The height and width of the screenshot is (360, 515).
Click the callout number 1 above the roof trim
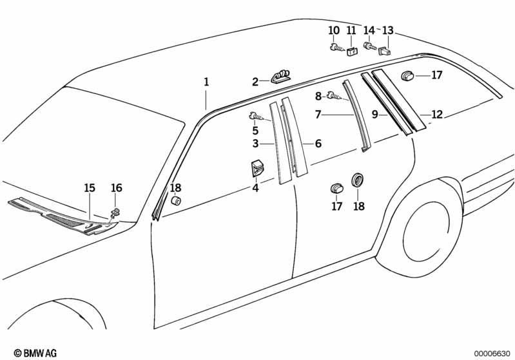(x=206, y=82)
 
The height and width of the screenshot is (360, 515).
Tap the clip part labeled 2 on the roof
(x=281, y=77)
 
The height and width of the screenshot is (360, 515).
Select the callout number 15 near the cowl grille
(x=90, y=188)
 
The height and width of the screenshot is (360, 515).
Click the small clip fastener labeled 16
(x=115, y=213)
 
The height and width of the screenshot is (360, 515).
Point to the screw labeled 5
(x=258, y=116)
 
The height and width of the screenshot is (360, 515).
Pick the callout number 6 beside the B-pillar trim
(x=318, y=144)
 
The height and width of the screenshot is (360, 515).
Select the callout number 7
(x=318, y=115)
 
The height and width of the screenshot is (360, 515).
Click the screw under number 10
(x=337, y=48)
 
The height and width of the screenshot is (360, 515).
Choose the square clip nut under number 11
(x=353, y=52)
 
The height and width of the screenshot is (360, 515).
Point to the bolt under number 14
(x=370, y=45)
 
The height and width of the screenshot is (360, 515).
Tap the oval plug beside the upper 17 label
(x=408, y=76)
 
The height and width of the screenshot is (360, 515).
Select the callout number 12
(x=437, y=115)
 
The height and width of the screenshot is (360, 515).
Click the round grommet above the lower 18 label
(x=357, y=180)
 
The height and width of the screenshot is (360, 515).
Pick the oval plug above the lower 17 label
(x=336, y=189)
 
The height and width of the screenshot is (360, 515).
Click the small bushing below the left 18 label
(x=176, y=200)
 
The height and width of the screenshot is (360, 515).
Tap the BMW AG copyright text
(x=35, y=353)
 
